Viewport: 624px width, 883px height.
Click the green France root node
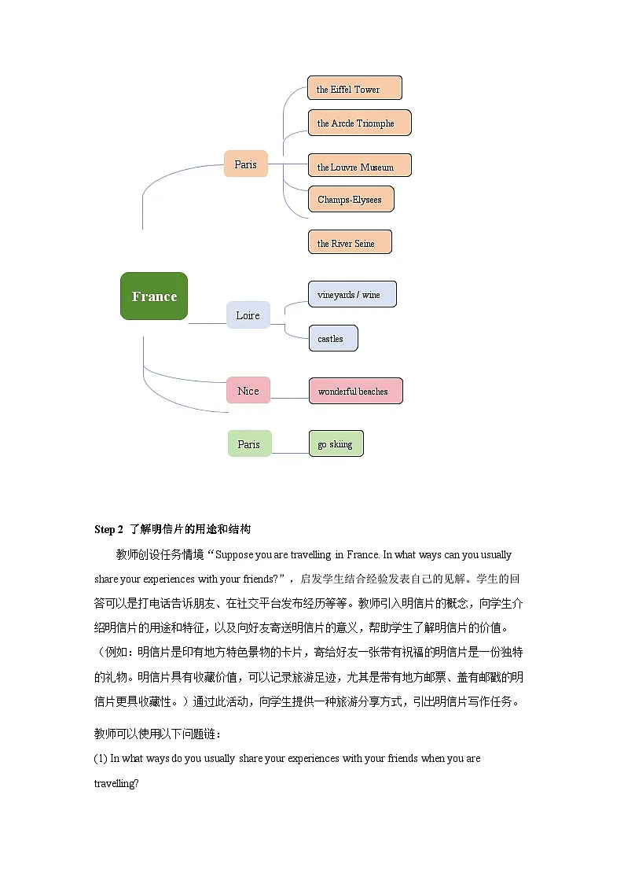point(154,296)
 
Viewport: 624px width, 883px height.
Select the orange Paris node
point(245,164)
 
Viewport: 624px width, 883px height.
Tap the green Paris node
point(249,443)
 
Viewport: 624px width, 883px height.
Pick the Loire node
point(248,315)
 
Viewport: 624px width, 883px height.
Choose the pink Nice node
point(248,391)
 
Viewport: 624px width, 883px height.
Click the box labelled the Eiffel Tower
point(354,88)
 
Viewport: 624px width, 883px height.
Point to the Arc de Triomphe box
point(359,123)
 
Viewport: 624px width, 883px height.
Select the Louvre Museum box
point(359,166)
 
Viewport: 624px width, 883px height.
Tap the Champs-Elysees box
point(351,199)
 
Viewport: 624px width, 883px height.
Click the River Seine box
point(349,242)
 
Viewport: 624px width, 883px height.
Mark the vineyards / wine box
point(351,294)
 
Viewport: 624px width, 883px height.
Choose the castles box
point(332,338)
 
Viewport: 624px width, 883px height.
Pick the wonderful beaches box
point(355,391)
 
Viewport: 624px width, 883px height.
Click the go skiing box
point(336,443)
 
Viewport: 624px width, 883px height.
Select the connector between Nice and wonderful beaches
point(289,398)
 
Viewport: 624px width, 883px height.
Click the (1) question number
point(100,759)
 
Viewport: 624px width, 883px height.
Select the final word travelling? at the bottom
point(116,784)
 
